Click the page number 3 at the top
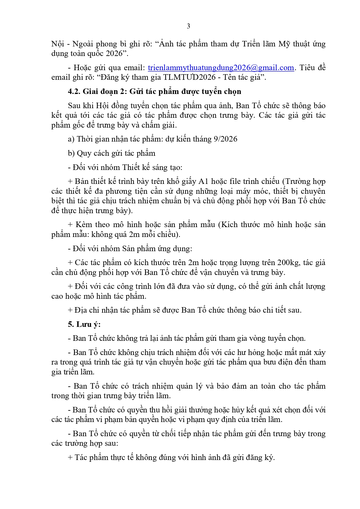[x=188, y=26]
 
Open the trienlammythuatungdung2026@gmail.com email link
[x=221, y=68]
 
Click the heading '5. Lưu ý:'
[x=84, y=324]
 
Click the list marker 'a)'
[x=71, y=139]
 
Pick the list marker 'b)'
[x=71, y=153]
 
